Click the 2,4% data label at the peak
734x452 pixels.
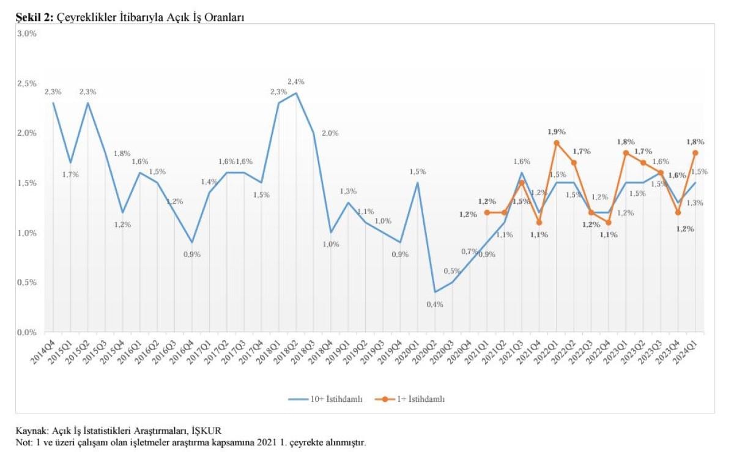tap(297, 82)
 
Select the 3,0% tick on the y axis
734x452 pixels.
tap(28, 34)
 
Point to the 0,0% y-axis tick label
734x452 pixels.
tap(28, 333)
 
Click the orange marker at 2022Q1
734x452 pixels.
tap(557, 143)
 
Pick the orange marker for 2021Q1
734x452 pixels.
tap(487, 212)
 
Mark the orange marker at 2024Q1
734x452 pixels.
tap(695, 153)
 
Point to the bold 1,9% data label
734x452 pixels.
tap(557, 132)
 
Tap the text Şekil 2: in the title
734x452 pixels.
tap(35, 18)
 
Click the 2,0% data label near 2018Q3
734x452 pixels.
tap(330, 133)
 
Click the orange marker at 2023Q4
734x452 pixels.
tap(678, 212)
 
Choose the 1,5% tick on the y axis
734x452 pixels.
tap(28, 183)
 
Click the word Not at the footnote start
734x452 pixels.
tap(22, 442)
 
